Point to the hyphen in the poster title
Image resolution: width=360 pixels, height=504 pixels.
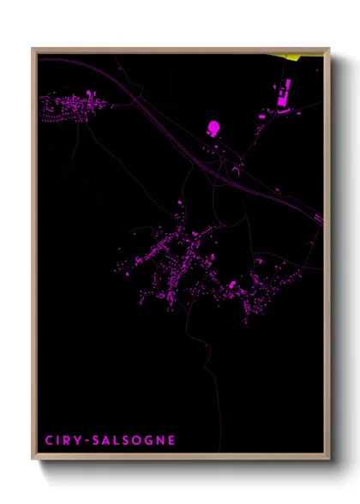pyautogui.click(x=87, y=441)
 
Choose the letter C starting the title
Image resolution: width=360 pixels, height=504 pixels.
pyautogui.click(x=49, y=441)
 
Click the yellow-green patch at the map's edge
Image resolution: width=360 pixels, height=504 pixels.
pyautogui.click(x=303, y=57)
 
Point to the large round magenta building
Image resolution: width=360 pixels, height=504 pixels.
pyautogui.click(x=213, y=128)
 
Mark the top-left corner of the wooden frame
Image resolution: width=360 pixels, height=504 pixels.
pyautogui.click(x=33, y=48)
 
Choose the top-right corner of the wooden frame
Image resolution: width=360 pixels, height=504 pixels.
pyautogui.click(x=328, y=48)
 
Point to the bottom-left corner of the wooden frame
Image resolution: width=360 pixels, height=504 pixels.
pyautogui.click(x=33, y=459)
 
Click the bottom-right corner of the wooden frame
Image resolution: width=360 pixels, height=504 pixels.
pyautogui.click(x=328, y=459)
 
